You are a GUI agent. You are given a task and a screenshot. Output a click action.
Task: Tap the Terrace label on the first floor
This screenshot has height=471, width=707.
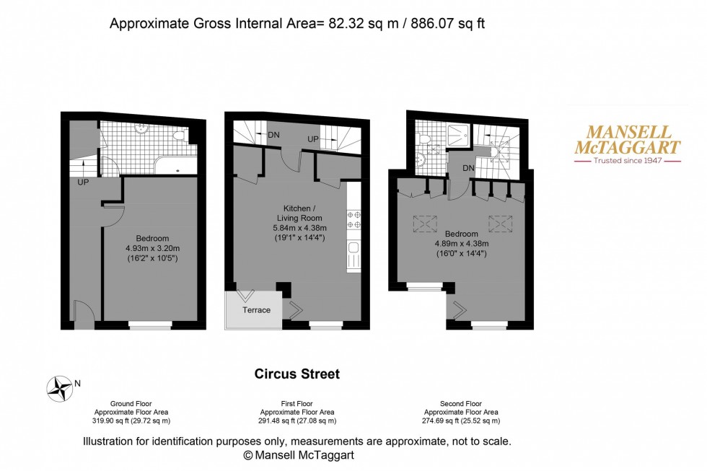coord(256,310)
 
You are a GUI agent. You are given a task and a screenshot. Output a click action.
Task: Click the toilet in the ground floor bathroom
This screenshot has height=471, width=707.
coord(182,136)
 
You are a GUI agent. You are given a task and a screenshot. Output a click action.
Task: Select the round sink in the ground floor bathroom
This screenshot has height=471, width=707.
coord(143,128)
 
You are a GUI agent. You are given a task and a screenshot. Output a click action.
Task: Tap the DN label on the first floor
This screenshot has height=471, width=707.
coord(273,135)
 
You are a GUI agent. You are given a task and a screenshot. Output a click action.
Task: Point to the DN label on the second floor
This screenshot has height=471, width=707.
coord(468,169)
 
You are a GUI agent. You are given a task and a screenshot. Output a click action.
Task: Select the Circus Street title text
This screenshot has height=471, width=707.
coord(297,374)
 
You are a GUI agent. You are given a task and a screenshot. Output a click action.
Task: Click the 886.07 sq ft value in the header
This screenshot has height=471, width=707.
coord(448,24)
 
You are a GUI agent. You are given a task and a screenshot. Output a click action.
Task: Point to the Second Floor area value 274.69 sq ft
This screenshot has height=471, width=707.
coord(460,421)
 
